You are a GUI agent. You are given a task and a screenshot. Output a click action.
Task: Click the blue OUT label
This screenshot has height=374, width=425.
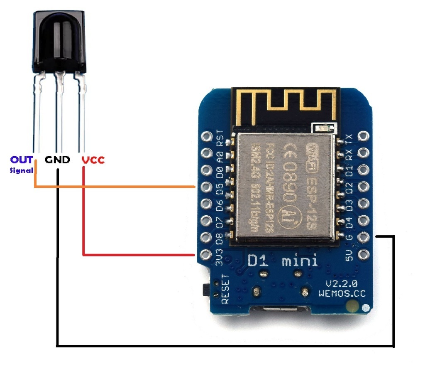click(22, 160)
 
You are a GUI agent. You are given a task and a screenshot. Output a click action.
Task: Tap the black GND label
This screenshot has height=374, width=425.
click(57, 160)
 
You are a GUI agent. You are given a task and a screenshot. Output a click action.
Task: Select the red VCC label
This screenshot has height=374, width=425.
click(93, 160)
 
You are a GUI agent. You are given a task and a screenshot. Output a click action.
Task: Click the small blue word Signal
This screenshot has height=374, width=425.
click(22, 170)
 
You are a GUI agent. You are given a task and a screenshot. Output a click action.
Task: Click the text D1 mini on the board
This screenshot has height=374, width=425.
click(283, 261)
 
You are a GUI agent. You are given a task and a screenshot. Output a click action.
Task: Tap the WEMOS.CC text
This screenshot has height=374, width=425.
click(342, 293)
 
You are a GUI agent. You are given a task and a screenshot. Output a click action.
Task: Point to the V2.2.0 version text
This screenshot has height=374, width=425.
click(341, 284)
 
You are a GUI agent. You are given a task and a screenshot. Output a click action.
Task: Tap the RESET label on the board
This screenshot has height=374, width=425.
click(225, 288)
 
